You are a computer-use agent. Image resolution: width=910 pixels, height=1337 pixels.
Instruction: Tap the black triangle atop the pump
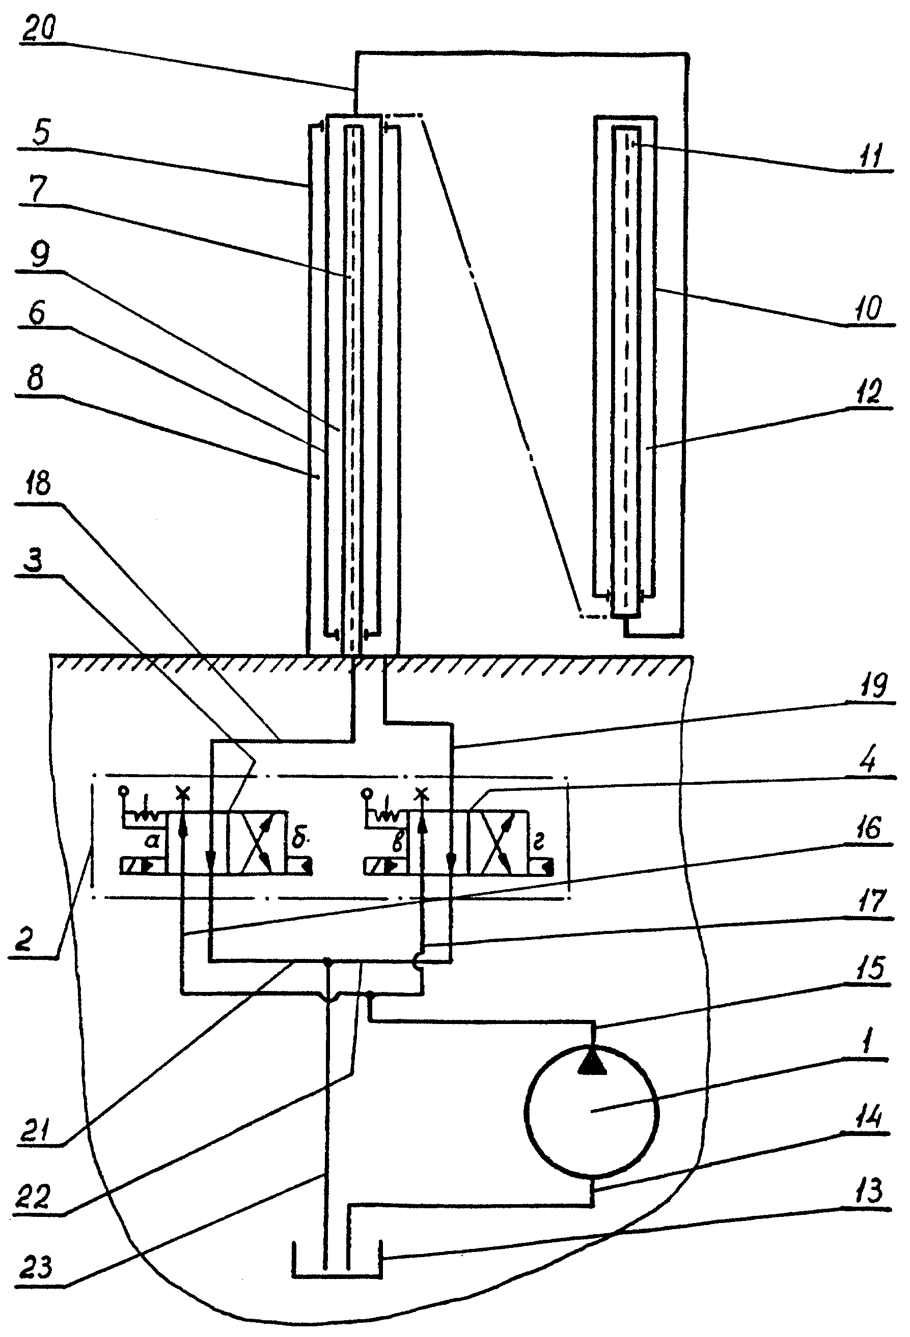point(592,1061)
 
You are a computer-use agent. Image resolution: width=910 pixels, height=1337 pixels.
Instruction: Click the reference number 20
point(39,27)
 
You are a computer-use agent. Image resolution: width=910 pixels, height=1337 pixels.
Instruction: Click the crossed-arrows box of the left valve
point(257,843)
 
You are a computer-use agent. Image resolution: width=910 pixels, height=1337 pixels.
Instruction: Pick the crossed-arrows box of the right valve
point(498,843)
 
